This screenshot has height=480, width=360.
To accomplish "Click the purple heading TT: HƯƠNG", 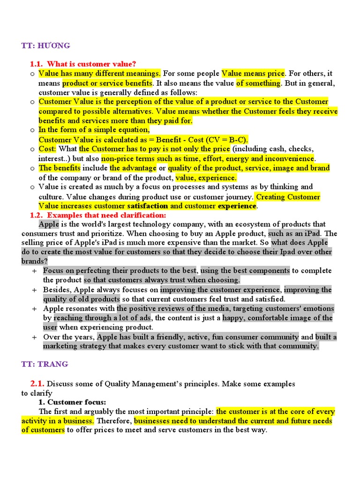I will point(45,45).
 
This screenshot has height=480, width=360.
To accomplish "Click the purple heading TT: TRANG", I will point(45,364).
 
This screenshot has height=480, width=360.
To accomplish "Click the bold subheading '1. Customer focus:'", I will point(72,402).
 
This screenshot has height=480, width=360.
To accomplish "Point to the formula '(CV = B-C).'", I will point(228,140).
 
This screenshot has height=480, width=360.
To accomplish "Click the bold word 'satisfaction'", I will point(147,206).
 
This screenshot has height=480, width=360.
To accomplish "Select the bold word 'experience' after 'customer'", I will point(237,206).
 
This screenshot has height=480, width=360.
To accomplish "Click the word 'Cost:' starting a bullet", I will point(47,149).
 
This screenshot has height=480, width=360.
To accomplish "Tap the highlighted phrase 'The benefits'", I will point(60,168).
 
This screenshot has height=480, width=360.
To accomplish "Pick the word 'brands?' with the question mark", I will point(35,261).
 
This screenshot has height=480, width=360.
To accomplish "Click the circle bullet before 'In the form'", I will point(32,130).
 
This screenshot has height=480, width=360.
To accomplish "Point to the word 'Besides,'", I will point(57,290).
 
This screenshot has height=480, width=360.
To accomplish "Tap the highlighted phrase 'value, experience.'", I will point(206,178).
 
